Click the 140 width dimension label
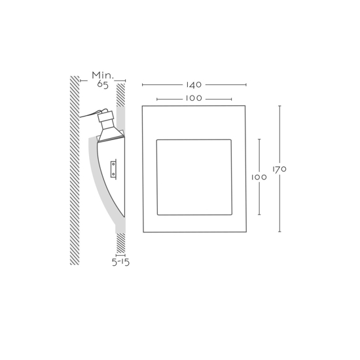click(x=194, y=85)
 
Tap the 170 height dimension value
click(x=279, y=170)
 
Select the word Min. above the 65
click(x=103, y=75)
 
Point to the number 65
click(x=102, y=84)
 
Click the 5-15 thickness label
click(x=121, y=262)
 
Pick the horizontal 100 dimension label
click(x=194, y=98)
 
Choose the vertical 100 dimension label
click(x=259, y=177)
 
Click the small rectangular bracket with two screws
click(x=113, y=170)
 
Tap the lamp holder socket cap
click(x=105, y=117)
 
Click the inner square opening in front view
click(x=194, y=177)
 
